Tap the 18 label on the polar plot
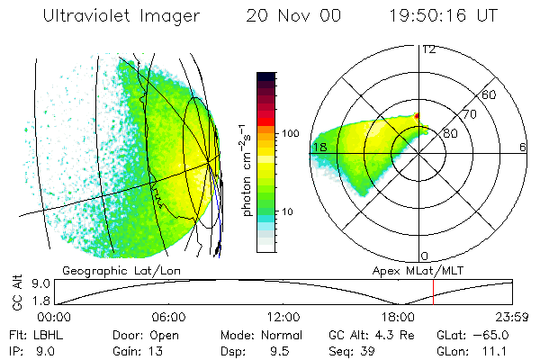319,147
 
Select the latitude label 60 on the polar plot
490,94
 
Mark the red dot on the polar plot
417,115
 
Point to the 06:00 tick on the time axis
168,318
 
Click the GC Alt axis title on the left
16,292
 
